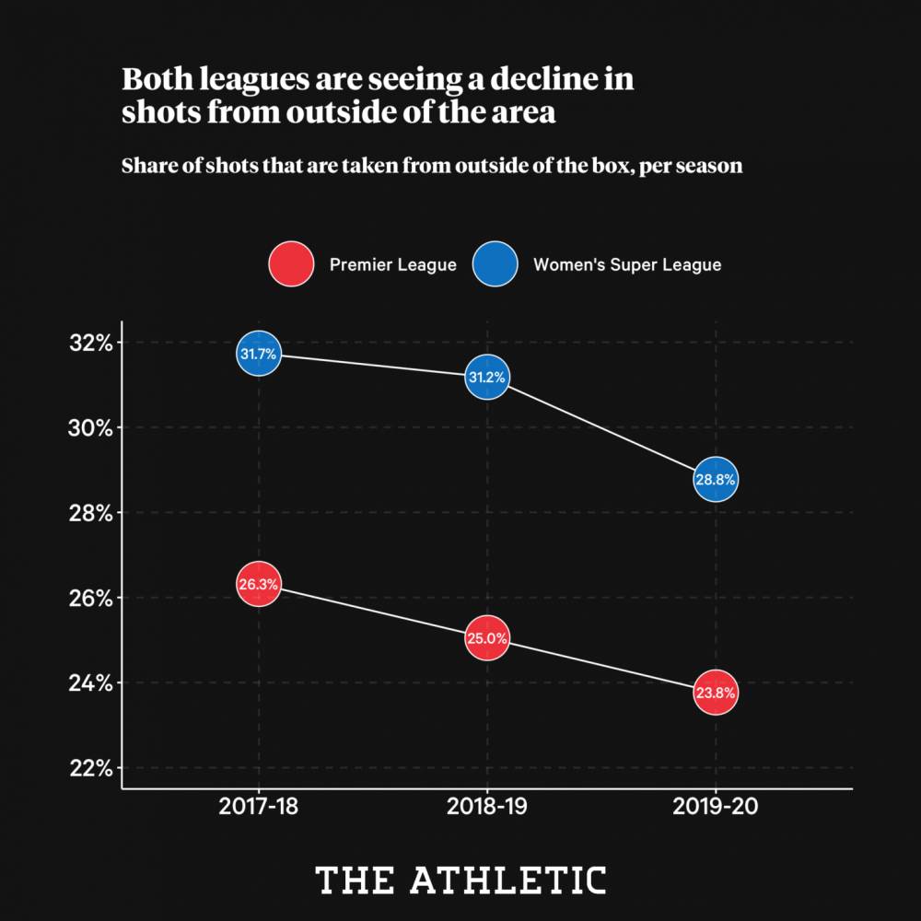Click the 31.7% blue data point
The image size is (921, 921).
pos(259,354)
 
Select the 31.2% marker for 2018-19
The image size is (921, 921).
pos(487,377)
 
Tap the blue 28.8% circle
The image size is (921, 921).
pos(716,480)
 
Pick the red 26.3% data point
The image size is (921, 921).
pos(259,584)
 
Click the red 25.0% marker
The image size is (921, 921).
pos(487,638)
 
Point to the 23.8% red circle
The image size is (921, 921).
pos(716,694)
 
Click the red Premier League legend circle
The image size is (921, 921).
pos(291,264)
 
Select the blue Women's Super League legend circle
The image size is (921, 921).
pos(495,264)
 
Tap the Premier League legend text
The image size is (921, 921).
pos(393,265)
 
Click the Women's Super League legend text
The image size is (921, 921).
pos(627,265)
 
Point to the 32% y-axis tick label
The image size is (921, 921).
pos(90,344)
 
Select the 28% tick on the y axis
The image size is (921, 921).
pos(90,513)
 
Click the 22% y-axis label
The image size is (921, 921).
pos(90,768)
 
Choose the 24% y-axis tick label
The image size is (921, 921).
pos(90,683)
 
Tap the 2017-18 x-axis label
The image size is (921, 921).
pos(259,809)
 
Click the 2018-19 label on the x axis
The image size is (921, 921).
pos(487,809)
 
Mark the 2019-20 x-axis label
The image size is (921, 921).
pos(716,809)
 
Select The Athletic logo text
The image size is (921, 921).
pos(460,880)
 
